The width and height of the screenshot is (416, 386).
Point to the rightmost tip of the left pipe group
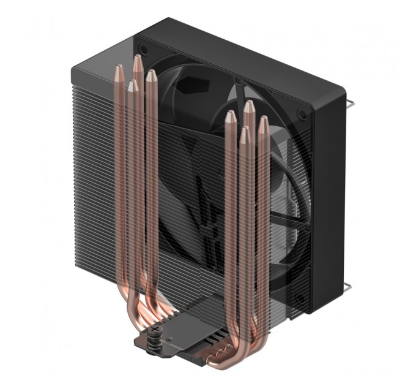pos(150,76)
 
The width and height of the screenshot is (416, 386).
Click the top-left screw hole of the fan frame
pos(144,48)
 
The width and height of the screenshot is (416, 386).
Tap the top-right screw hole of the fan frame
pos(302,113)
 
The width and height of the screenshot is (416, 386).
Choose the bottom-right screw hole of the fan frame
pos(300,298)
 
